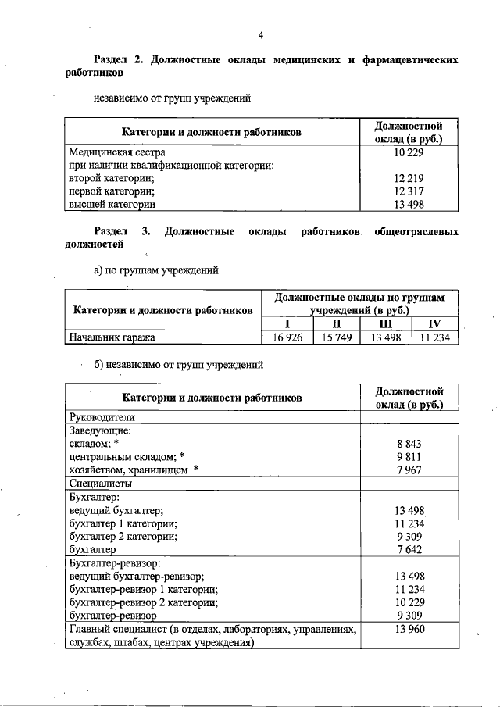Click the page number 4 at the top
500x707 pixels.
262,34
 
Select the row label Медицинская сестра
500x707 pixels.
116,153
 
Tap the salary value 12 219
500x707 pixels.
409,178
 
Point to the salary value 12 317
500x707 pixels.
409,191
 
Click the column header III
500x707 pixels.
385,323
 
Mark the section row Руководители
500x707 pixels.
102,417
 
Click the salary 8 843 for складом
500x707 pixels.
409,443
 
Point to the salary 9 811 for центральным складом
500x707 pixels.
409,456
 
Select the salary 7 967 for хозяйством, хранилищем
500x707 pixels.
409,470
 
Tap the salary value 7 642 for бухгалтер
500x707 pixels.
409,550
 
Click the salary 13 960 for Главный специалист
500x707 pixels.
409,629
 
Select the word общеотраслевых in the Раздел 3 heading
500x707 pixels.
416,232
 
